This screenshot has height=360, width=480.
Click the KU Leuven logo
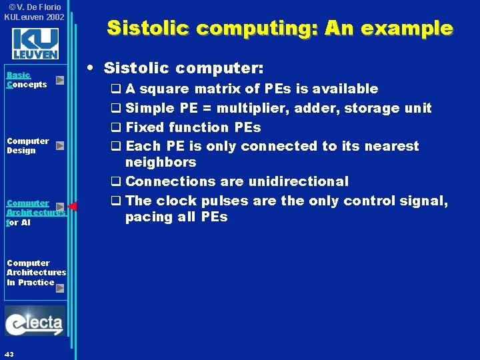[x=35, y=44]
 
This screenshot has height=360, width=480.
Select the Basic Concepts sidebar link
[x=27, y=80]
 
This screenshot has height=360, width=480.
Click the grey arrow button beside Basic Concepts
[x=60, y=80]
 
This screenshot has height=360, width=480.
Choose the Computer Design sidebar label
[x=27, y=145]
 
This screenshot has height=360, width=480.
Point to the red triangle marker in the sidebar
[x=73, y=206]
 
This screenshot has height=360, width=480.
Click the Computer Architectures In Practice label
[x=36, y=273]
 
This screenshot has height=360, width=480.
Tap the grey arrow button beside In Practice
[x=60, y=289]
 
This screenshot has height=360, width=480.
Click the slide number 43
[x=9, y=353]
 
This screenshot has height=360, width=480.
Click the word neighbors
[x=161, y=162]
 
